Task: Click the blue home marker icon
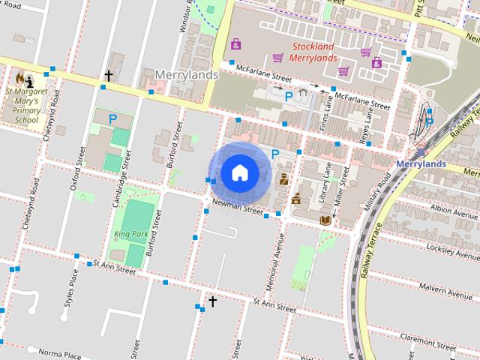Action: tap(239, 172)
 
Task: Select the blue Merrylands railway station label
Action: tap(420, 163)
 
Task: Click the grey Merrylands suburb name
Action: tap(187, 75)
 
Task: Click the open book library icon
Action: tap(325, 220)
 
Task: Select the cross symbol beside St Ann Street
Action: tap(212, 301)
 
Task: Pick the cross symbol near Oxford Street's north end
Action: tap(109, 76)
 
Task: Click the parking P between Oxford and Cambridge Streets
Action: tap(113, 118)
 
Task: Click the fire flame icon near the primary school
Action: tap(19, 77)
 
